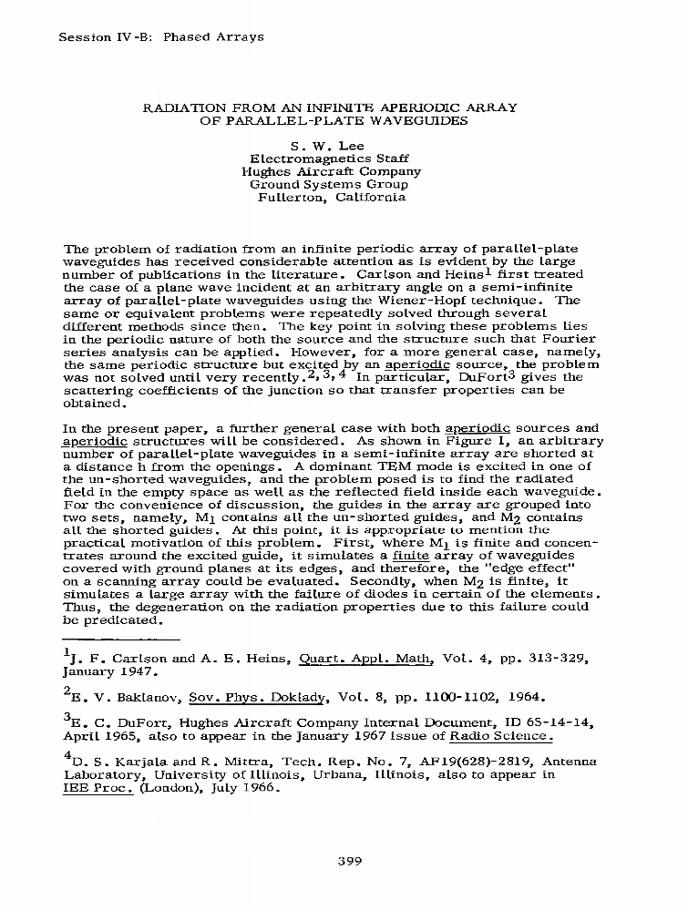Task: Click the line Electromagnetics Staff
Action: click(330, 158)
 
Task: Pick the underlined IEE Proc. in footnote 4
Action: click(98, 789)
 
